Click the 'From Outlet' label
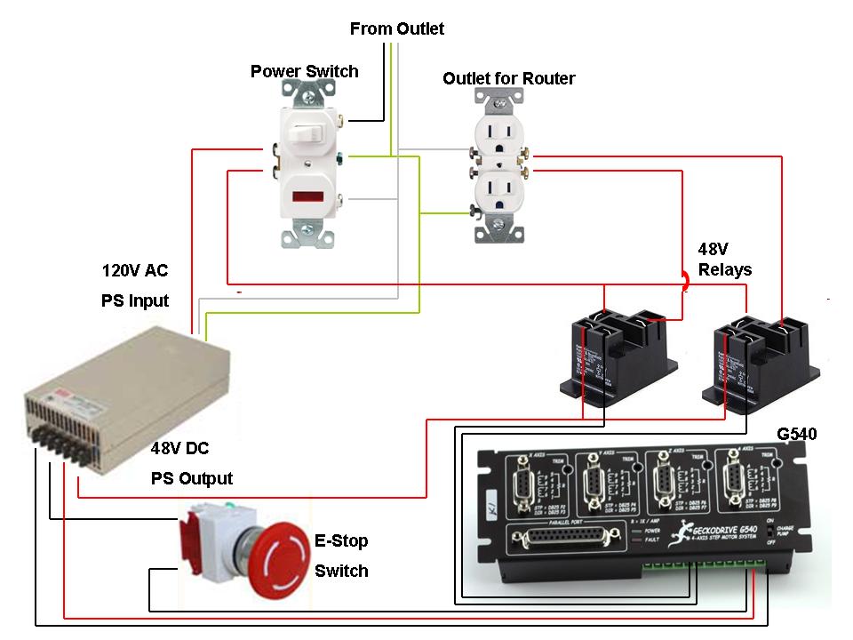tap(396, 28)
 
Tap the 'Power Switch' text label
tap(304, 71)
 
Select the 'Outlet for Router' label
tap(508, 78)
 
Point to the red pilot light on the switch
tap(305, 196)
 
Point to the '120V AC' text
tap(134, 270)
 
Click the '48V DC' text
tap(179, 448)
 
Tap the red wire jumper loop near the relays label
tap(685, 281)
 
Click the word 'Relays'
tap(725, 270)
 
